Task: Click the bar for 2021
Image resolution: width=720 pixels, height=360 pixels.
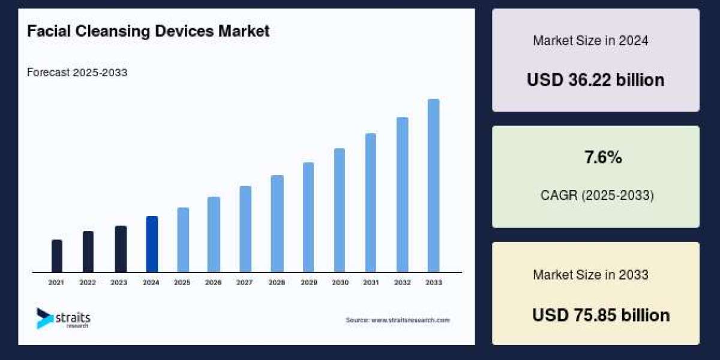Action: pyautogui.click(x=57, y=256)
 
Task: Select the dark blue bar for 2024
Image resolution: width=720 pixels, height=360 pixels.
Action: pyautogui.click(x=152, y=244)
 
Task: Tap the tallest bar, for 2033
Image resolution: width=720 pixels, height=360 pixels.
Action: pyautogui.click(x=433, y=185)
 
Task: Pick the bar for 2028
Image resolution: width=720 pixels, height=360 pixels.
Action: pyautogui.click(x=277, y=224)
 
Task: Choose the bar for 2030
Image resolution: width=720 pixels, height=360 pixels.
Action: pyautogui.click(x=340, y=210)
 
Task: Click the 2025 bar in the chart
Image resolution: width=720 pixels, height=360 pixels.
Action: pyautogui.click(x=183, y=240)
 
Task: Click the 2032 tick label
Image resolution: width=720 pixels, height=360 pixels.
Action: pyautogui.click(x=402, y=282)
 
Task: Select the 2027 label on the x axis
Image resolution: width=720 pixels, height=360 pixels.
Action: pyautogui.click(x=245, y=282)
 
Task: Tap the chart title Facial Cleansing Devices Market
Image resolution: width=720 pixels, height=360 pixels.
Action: pyautogui.click(x=148, y=32)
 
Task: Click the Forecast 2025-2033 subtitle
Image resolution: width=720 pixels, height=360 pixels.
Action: pyautogui.click(x=77, y=73)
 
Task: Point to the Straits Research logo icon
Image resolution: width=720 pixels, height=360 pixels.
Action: pyautogui.click(x=44, y=318)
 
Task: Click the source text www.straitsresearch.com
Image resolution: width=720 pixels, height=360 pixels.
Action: pyautogui.click(x=397, y=320)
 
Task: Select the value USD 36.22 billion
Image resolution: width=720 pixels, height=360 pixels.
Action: pyautogui.click(x=595, y=80)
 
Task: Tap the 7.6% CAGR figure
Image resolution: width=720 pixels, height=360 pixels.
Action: pyautogui.click(x=603, y=158)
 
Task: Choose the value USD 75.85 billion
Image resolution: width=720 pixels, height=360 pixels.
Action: pyautogui.click(x=601, y=315)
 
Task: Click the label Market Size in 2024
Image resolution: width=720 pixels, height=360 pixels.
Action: pyautogui.click(x=590, y=41)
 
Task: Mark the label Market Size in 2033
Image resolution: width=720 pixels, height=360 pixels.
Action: pyautogui.click(x=590, y=275)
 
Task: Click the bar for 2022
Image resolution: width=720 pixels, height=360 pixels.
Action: pyautogui.click(x=88, y=251)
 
